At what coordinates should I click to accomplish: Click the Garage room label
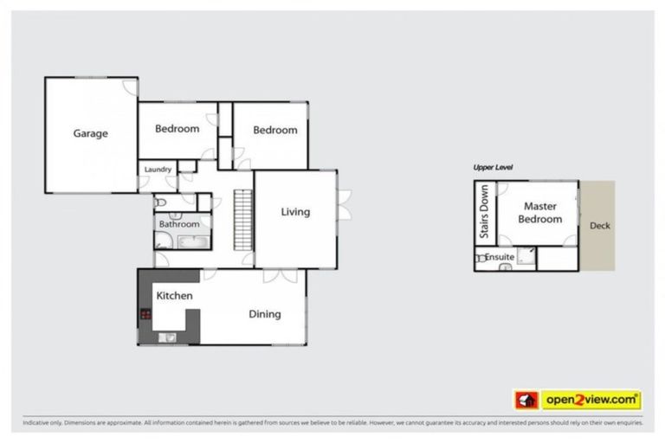(x=90, y=133)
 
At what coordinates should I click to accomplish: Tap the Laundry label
(x=158, y=170)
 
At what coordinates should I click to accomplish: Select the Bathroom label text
(x=179, y=224)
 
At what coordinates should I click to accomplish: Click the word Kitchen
(x=174, y=296)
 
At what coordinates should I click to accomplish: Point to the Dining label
(x=264, y=314)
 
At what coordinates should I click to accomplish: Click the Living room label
(x=294, y=212)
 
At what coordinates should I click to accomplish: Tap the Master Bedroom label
(x=539, y=213)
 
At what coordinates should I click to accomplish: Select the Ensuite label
(x=500, y=257)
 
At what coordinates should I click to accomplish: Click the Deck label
(x=599, y=226)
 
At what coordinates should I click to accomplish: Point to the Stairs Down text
(x=484, y=211)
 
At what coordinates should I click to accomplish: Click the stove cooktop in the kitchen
(x=145, y=314)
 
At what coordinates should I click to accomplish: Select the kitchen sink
(x=170, y=337)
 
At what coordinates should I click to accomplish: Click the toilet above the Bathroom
(x=160, y=202)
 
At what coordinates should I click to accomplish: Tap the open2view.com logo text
(x=591, y=400)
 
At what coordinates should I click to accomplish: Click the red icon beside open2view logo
(x=526, y=400)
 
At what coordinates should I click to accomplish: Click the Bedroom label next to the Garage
(x=177, y=129)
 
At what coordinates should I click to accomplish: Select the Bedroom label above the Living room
(x=274, y=130)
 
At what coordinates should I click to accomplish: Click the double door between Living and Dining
(x=280, y=275)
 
